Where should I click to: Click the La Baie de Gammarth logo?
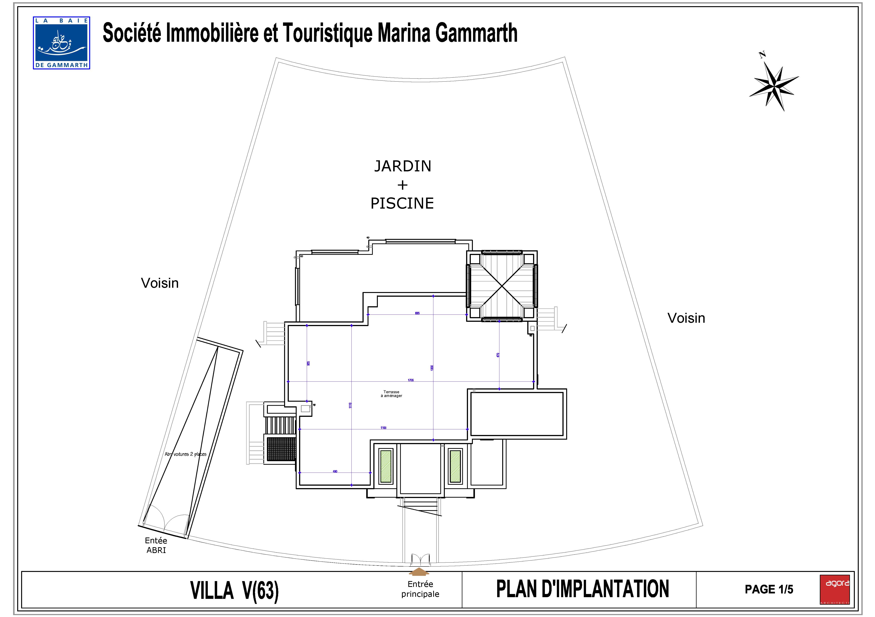(61, 43)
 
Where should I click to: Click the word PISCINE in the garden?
(402, 204)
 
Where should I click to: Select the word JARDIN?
(403, 166)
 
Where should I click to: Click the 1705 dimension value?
(410, 380)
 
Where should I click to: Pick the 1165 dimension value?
(383, 428)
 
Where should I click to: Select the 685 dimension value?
(417, 313)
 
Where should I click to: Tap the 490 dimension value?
(335, 471)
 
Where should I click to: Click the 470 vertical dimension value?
(498, 355)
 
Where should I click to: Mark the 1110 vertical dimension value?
(350, 405)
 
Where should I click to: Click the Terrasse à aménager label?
(391, 394)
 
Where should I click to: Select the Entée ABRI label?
(156, 545)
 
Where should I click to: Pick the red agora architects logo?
(835, 589)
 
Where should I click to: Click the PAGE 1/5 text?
(769, 589)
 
